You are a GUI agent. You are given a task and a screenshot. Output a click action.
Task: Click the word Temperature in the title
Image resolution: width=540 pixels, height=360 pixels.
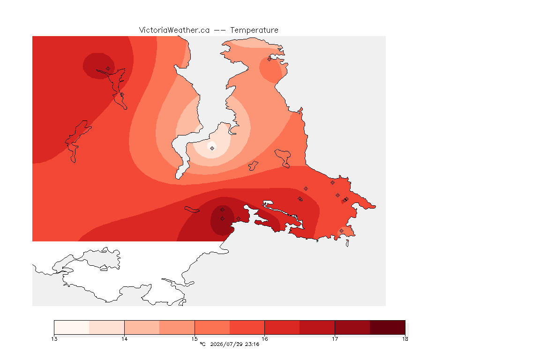(x=254, y=30)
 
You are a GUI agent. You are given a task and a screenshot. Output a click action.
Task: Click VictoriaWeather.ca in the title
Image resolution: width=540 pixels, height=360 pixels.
(x=174, y=30)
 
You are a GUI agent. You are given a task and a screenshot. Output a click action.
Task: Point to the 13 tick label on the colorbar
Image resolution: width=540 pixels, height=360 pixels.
(x=54, y=339)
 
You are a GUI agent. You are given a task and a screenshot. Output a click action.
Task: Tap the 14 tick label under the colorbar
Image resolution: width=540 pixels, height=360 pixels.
(x=124, y=339)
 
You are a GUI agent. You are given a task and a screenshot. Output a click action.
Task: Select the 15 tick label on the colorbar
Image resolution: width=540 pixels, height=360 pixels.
(x=195, y=339)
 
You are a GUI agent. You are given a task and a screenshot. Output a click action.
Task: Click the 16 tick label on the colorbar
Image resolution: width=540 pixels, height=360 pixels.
(x=264, y=339)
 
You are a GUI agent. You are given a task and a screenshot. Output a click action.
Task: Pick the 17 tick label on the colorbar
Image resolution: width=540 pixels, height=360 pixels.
(x=335, y=339)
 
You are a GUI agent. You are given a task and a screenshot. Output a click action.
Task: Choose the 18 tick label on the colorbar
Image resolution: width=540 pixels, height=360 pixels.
(x=405, y=339)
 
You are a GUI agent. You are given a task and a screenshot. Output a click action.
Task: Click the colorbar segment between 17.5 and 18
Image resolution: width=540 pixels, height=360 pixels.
(x=388, y=327)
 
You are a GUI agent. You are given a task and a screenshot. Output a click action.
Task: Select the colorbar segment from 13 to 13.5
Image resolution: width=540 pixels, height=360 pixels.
(x=72, y=327)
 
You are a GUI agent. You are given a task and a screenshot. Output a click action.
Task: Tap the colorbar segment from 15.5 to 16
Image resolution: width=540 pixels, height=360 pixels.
(x=247, y=327)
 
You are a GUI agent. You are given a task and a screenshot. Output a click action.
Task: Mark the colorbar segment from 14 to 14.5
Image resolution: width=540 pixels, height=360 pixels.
(x=142, y=327)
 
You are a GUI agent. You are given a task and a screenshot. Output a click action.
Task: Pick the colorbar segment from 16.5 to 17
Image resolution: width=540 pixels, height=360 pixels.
(x=317, y=327)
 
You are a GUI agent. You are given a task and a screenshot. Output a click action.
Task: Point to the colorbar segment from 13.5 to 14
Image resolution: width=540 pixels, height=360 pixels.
(x=107, y=327)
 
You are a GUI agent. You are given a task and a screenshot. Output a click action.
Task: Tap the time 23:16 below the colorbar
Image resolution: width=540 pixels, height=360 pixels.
(x=252, y=344)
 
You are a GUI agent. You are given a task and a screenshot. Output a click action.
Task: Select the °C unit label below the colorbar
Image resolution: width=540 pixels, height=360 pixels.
(x=202, y=344)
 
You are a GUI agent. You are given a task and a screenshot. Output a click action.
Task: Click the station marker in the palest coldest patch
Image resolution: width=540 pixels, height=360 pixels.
(x=212, y=148)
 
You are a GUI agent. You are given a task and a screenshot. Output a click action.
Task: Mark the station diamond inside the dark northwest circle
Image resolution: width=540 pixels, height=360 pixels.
(x=108, y=69)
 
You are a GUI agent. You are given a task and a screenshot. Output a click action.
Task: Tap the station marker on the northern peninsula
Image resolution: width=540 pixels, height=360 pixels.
(x=270, y=59)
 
